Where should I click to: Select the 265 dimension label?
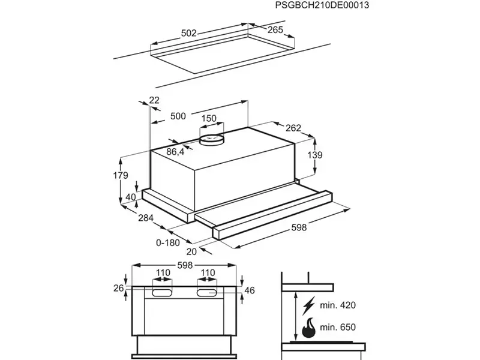(x=275, y=29)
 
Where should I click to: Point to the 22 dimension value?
(x=154, y=100)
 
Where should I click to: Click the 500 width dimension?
(x=178, y=117)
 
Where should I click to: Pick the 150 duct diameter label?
(x=208, y=119)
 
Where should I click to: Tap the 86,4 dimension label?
(x=175, y=152)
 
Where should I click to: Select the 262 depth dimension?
(x=293, y=128)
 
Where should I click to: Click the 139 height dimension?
(x=315, y=155)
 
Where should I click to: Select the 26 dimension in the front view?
(x=118, y=289)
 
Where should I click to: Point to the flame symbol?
(x=308, y=329)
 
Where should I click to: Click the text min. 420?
(x=338, y=305)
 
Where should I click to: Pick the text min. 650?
(x=338, y=328)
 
